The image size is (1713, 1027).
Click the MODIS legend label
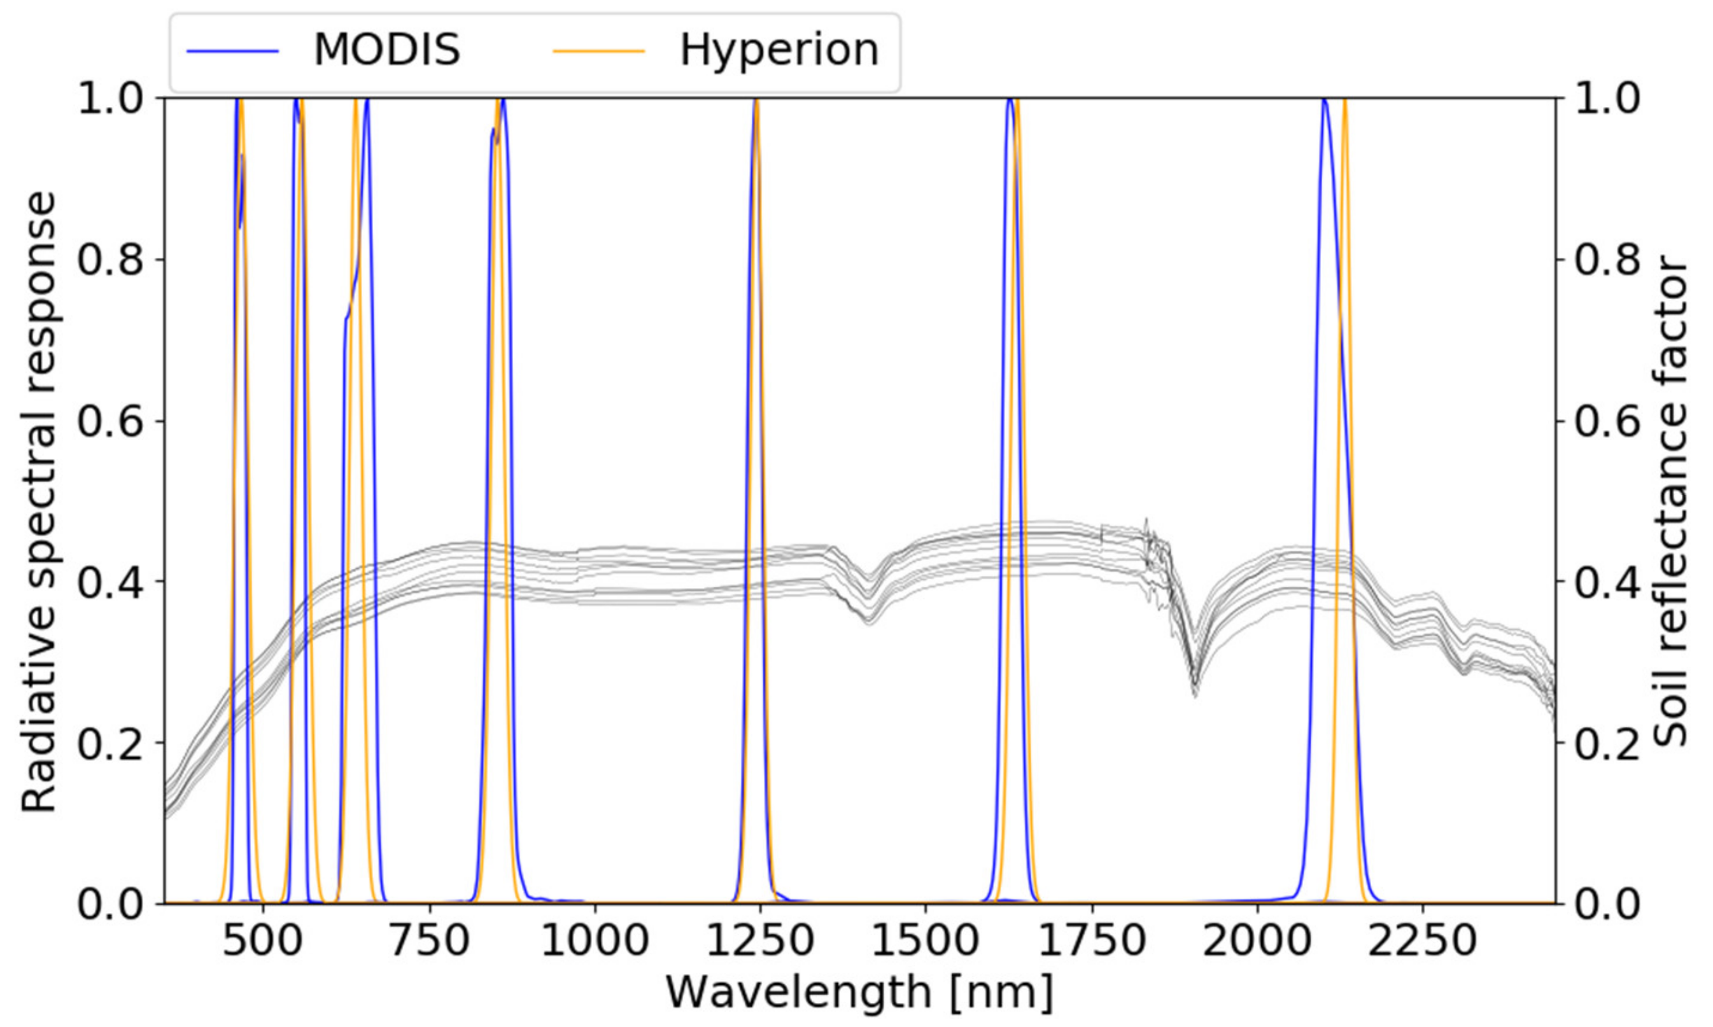point(386,50)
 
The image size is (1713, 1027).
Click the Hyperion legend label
point(779,50)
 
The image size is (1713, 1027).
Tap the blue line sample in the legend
point(232,51)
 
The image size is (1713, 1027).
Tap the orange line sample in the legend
point(598,51)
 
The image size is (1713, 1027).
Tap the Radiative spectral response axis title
point(38,502)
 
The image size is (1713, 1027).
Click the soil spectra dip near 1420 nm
point(870,613)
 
